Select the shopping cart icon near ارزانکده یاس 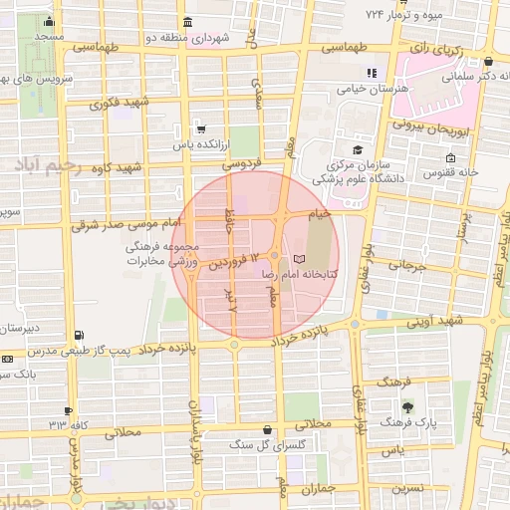[x=201, y=128]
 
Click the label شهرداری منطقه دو [x=221, y=37]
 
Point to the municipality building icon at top [x=188, y=22]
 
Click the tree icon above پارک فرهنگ [x=407, y=406]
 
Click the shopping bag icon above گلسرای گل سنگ [x=266, y=429]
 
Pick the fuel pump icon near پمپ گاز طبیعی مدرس [x=79, y=336]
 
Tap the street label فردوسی [x=240, y=161]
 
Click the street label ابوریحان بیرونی [x=429, y=127]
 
